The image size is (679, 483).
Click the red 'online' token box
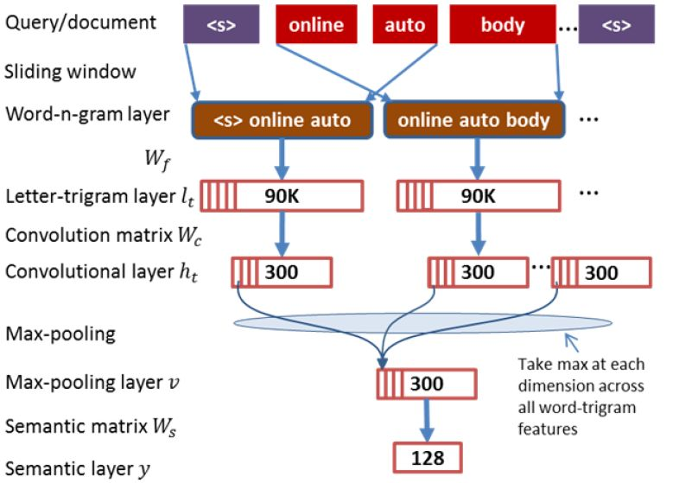coord(316,24)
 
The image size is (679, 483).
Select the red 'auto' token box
coord(405,24)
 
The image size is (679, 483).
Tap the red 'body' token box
coord(503,24)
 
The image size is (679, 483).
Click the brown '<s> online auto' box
coord(282,120)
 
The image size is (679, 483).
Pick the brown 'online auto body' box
coord(474,120)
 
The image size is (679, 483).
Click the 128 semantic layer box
coord(428,457)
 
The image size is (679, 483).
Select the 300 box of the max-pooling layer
coord(427,384)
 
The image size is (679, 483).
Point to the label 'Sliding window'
coord(70,72)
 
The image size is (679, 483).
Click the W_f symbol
coord(157,159)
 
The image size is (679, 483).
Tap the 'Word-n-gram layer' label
coord(87,114)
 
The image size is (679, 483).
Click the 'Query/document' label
coord(80,22)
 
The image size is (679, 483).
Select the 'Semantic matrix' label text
coord(76,426)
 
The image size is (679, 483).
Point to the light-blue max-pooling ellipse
coord(422,323)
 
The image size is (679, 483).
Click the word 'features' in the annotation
coord(548,429)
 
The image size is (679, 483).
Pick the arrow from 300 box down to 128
coord(427,421)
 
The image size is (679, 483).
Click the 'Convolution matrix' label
coord(89,235)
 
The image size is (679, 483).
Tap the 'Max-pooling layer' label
coord(84,383)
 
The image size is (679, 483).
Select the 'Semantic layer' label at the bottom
coord(69,468)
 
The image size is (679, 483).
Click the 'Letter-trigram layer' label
coord(91,196)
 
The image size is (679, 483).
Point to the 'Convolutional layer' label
coord(90,271)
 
